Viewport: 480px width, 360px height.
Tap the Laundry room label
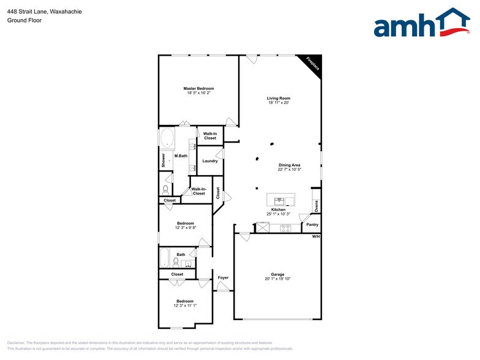coord(210,161)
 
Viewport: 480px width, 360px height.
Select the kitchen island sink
coord(281,201)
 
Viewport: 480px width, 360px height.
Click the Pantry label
coord(312,225)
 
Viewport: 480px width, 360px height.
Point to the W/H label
coord(316,236)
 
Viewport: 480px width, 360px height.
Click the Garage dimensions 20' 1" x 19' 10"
coord(278,279)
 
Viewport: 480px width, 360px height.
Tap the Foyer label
coord(223,278)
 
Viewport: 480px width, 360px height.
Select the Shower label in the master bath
coord(163,160)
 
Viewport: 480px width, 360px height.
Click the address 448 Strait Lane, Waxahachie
coord(45,12)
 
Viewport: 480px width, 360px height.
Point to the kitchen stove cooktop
coord(285,228)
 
